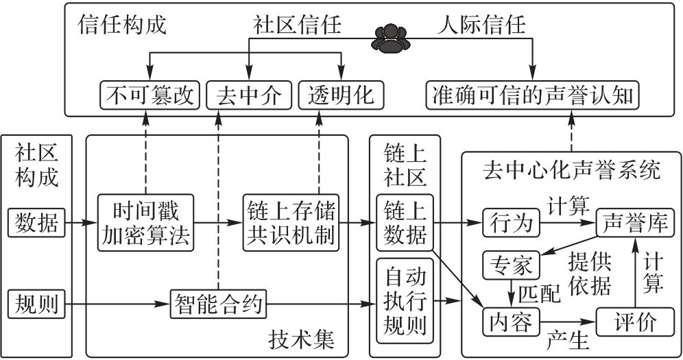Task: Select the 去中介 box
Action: click(x=249, y=95)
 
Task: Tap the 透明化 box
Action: click(x=341, y=95)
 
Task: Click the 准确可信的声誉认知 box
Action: click(x=532, y=95)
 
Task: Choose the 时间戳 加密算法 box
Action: click(x=145, y=222)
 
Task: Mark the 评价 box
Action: click(x=635, y=320)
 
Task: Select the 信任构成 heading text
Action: click(x=123, y=25)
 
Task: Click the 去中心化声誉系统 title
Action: click(x=571, y=169)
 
